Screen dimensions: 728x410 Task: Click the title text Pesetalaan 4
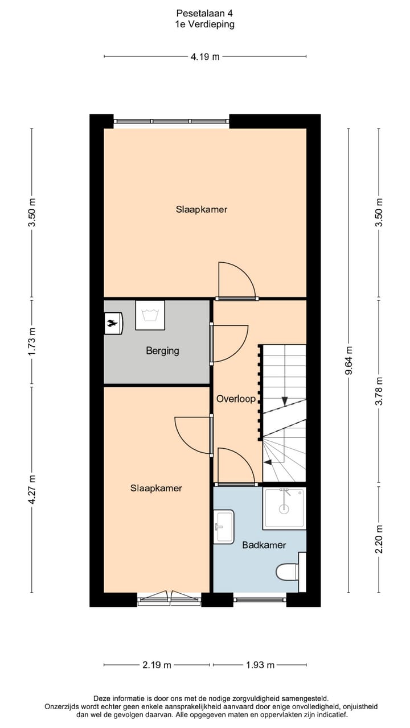(x=204, y=13)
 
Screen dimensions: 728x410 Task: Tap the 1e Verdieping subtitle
(x=204, y=24)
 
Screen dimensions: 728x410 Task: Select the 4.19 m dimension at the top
(x=205, y=56)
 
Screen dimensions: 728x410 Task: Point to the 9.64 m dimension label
(x=349, y=361)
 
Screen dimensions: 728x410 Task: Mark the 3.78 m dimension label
(x=379, y=391)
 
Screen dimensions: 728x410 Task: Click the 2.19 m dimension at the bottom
(x=157, y=665)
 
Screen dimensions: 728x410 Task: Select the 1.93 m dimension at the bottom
(x=260, y=665)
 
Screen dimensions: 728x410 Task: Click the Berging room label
(x=162, y=351)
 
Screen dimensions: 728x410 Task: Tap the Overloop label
(x=236, y=399)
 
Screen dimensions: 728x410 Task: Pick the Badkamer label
(x=264, y=545)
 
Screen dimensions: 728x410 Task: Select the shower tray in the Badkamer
(x=284, y=508)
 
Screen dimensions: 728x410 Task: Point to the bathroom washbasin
(x=224, y=527)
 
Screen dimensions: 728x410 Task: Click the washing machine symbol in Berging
(x=150, y=315)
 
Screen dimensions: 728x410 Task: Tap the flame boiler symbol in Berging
(x=112, y=324)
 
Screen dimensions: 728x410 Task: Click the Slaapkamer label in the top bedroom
(x=201, y=209)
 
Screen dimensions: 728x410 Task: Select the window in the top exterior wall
(x=171, y=121)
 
